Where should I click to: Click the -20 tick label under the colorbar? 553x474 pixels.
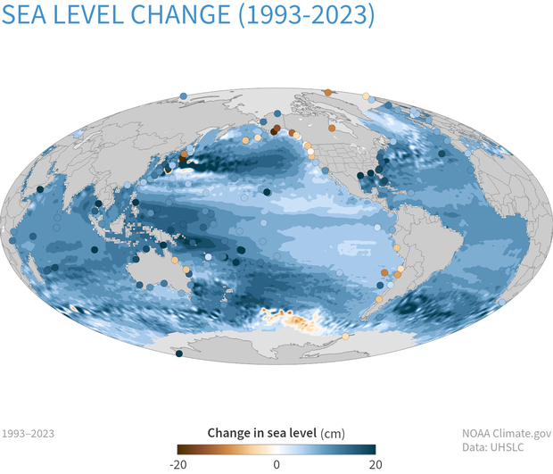178,464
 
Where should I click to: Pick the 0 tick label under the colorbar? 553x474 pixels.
276,464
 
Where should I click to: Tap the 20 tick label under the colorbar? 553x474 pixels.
376,464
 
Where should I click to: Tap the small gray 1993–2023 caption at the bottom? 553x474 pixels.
28,434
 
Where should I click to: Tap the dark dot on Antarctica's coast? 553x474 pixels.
178,353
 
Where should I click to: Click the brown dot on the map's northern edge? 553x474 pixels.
327,92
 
